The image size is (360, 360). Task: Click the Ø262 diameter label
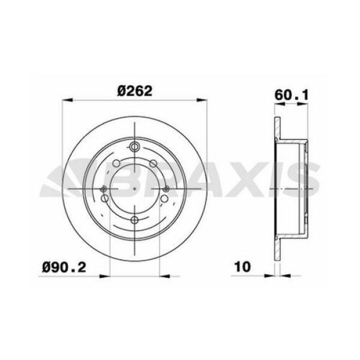coord(134,92)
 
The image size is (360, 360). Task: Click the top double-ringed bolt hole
coord(135,148)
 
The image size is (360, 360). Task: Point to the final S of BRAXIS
coord(304,182)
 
